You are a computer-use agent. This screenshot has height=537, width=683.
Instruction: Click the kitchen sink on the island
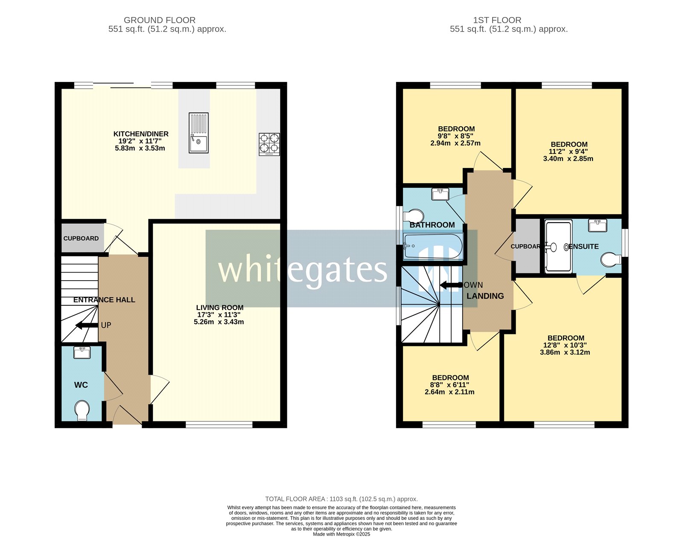[198, 133]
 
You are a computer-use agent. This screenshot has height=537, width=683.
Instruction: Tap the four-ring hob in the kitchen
[269, 144]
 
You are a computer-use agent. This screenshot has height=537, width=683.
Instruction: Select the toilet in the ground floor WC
[82, 410]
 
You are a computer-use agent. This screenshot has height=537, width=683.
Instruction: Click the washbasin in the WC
[82, 353]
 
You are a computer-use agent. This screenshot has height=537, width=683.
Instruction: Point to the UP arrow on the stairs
[87, 325]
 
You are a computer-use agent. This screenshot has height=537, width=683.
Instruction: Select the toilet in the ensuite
[611, 259]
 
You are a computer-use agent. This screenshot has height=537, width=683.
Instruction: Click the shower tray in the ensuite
[558, 246]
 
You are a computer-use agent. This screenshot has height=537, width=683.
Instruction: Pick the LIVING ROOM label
[220, 308]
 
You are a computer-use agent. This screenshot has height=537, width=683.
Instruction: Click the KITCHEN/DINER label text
[141, 134]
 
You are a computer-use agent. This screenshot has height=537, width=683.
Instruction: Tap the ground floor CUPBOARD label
[81, 238]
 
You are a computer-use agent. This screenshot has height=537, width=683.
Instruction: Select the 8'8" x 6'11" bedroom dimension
[450, 385]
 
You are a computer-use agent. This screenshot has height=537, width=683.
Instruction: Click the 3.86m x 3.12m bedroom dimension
[565, 352]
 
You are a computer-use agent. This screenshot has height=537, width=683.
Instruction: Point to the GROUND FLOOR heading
[160, 20]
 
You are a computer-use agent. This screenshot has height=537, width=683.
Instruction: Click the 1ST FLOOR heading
[497, 20]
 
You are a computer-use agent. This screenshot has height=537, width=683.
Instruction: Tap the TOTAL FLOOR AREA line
[341, 499]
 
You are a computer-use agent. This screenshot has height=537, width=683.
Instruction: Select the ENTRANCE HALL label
[104, 300]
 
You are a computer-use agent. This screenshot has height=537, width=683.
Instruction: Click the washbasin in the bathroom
[440, 194]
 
